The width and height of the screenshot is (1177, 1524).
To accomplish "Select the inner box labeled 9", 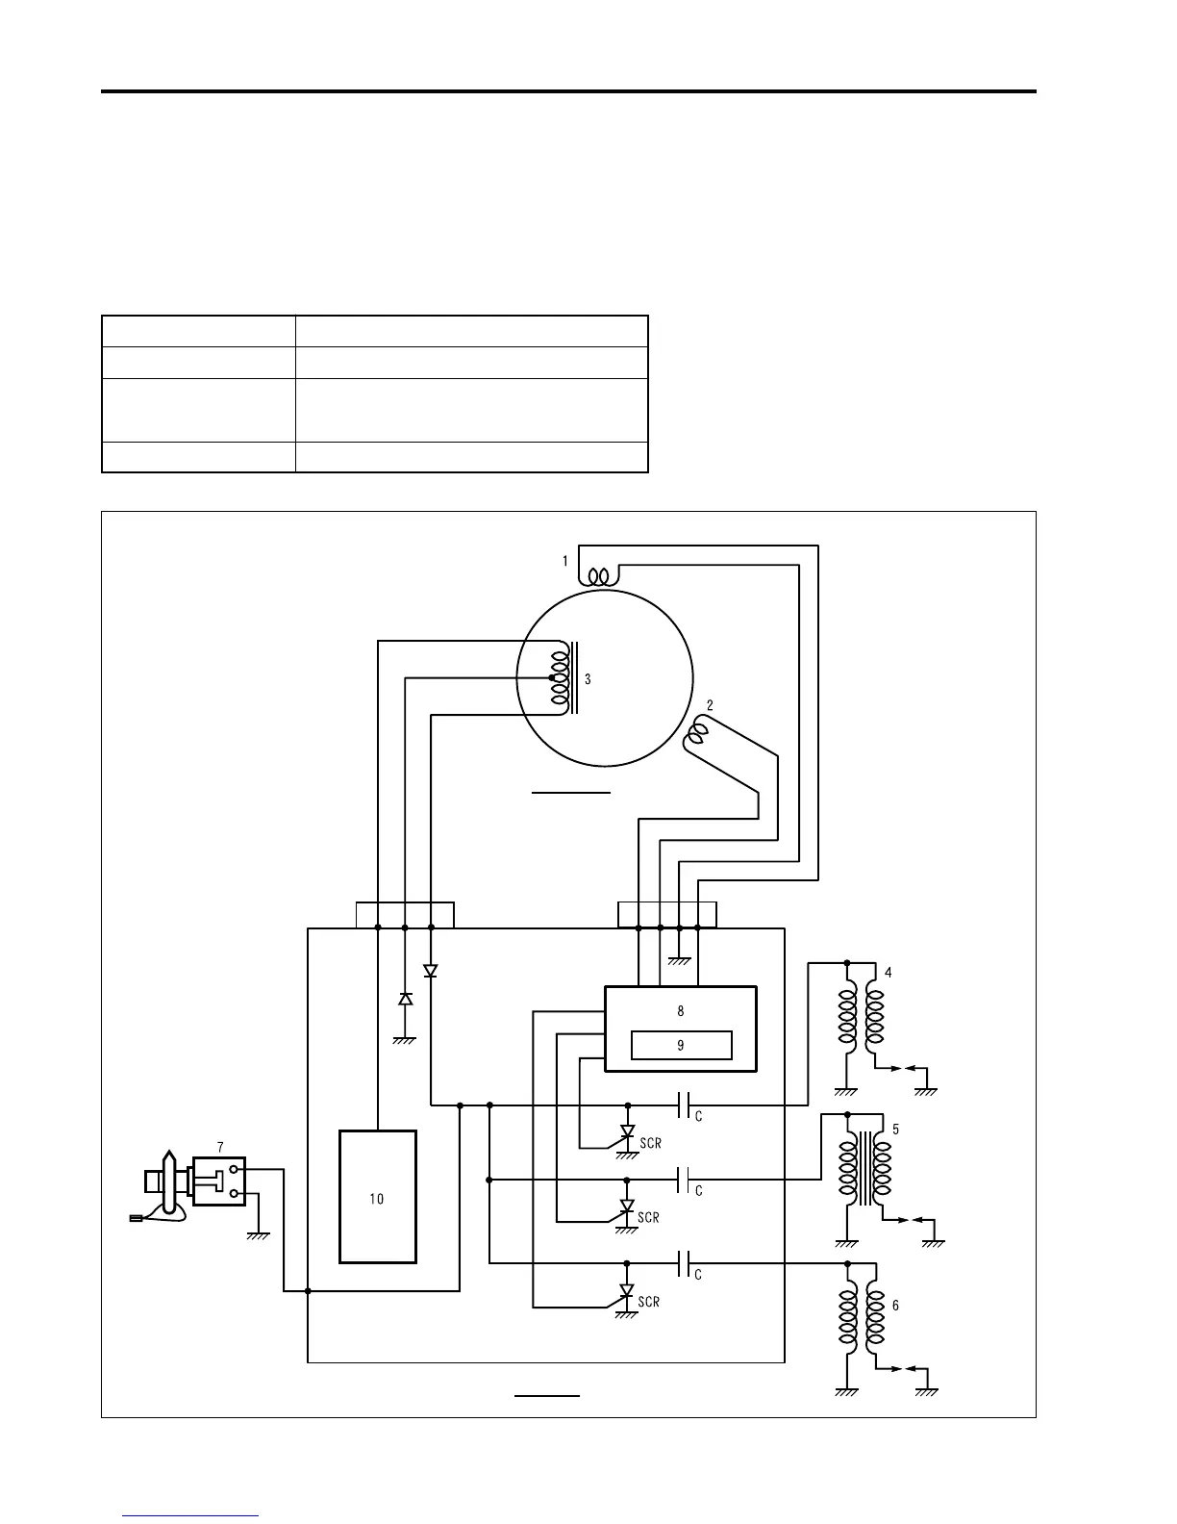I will (681, 1045).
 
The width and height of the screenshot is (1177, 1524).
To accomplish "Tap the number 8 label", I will (681, 1011).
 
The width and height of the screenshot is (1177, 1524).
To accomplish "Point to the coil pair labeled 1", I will (598, 576).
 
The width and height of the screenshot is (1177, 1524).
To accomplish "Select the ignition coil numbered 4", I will (861, 1024).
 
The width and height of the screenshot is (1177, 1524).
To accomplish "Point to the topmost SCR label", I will (650, 1144).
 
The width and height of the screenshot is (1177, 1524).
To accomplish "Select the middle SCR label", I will (649, 1218).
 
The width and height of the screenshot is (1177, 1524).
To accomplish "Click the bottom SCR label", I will (649, 1302).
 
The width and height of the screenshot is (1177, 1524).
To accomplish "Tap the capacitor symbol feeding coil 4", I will (684, 1105).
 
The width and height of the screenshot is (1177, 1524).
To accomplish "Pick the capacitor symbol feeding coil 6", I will (684, 1263).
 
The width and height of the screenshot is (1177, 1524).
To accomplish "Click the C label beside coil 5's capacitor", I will (699, 1191).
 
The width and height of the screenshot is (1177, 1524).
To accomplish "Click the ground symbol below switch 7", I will (258, 1235).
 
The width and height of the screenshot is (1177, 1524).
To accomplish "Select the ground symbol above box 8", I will (680, 959).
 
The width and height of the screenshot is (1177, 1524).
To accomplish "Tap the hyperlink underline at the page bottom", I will (191, 1516).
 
